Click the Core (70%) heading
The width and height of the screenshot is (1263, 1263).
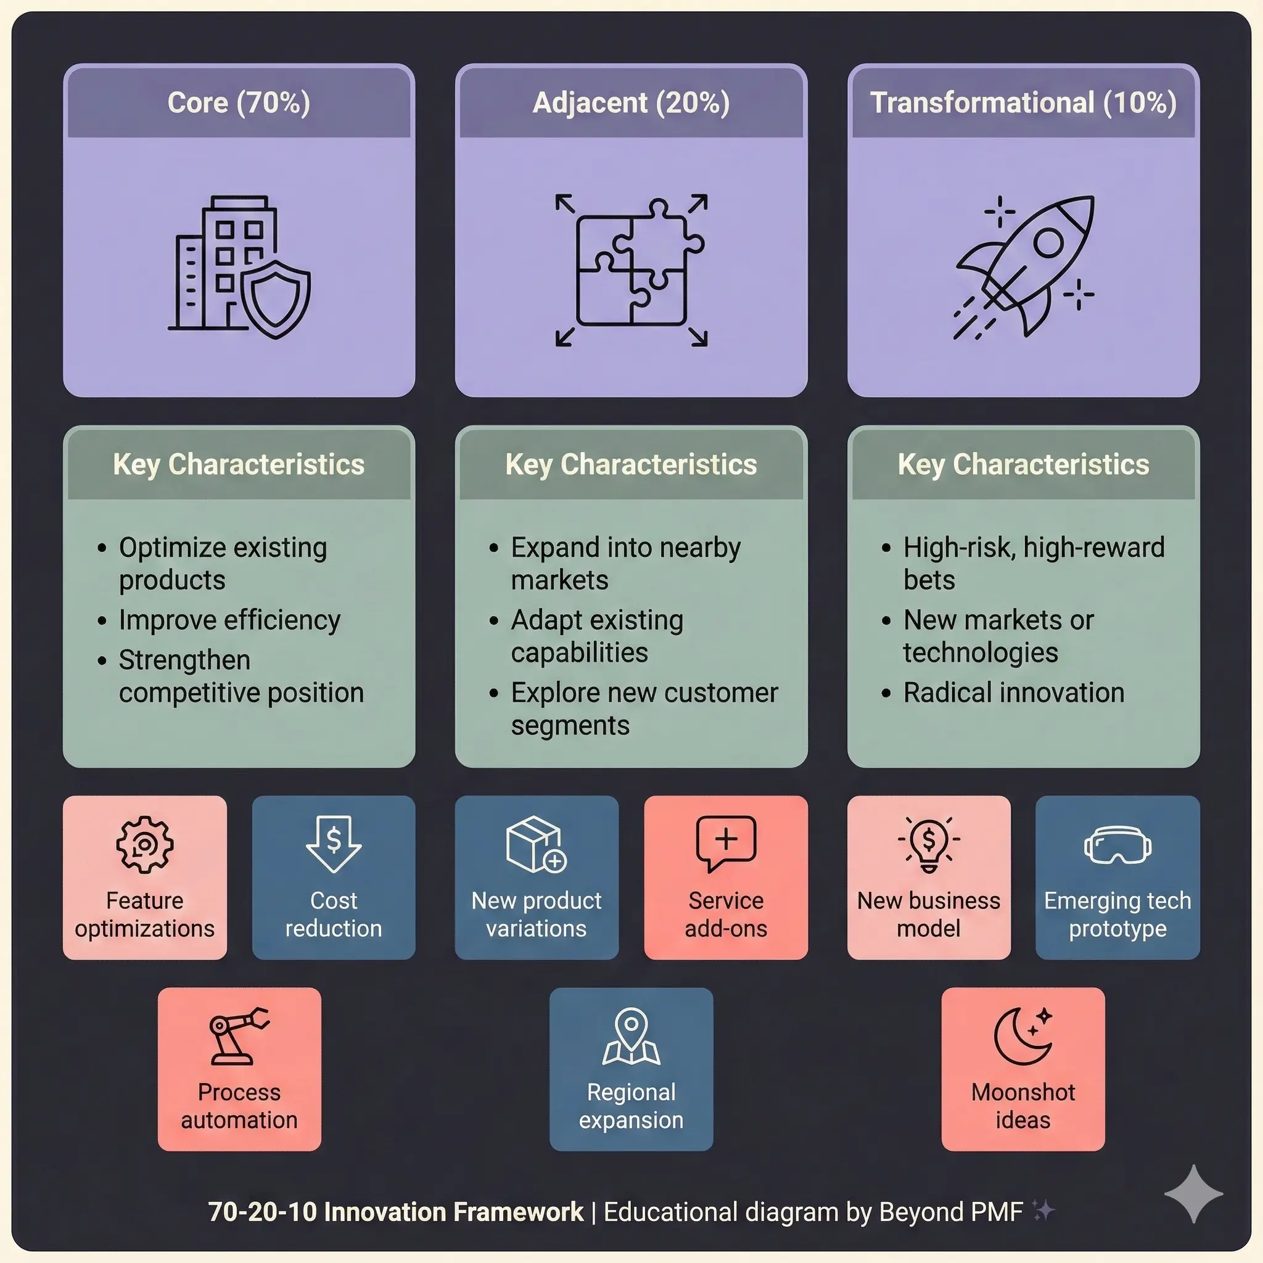(x=239, y=102)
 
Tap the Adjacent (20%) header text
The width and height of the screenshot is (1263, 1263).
(x=631, y=102)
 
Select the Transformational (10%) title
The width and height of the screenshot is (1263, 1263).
(x=1023, y=102)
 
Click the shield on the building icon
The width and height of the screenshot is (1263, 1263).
(x=275, y=299)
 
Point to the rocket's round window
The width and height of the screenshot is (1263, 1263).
(x=1048, y=242)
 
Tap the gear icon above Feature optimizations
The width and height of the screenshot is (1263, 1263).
(x=144, y=844)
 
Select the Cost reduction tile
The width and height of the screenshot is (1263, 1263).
(x=334, y=878)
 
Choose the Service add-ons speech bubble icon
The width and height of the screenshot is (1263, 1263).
(x=726, y=842)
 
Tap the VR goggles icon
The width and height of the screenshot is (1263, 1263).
(x=1117, y=845)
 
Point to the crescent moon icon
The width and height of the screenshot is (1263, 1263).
(x=1022, y=1035)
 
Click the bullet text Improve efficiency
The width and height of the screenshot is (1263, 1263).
(x=229, y=620)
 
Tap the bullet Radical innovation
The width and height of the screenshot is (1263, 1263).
(x=1013, y=693)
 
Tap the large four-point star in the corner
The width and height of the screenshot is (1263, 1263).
(x=1193, y=1194)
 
